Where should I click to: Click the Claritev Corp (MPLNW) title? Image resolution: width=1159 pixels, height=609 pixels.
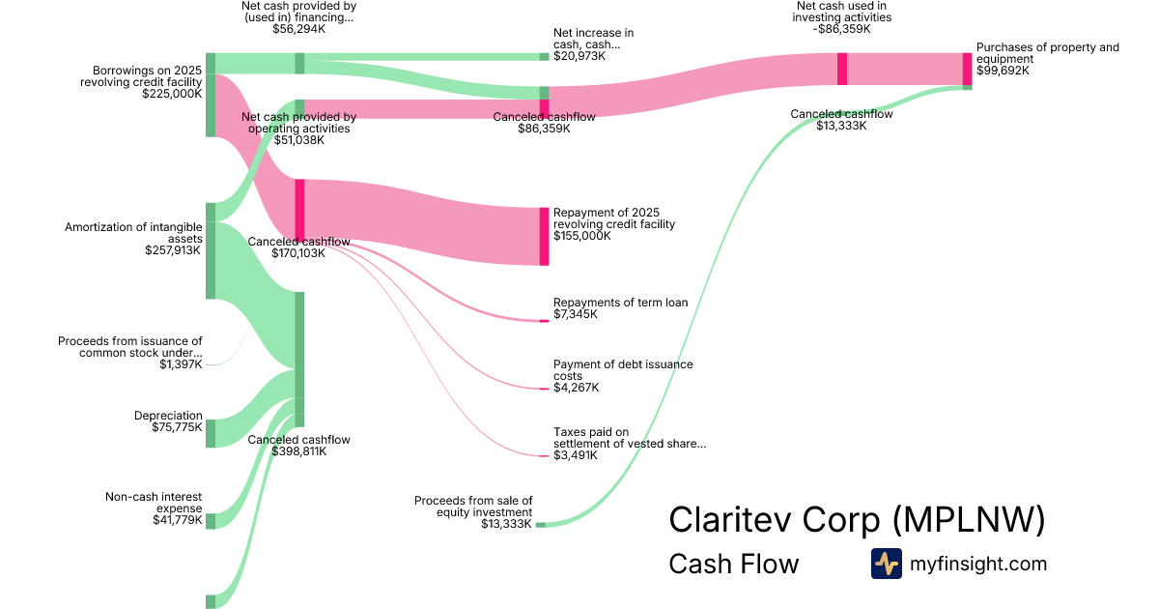coord(857,519)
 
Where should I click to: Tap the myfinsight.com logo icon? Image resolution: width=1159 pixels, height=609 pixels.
coord(886,564)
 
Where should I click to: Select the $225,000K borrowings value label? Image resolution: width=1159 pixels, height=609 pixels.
coord(172,95)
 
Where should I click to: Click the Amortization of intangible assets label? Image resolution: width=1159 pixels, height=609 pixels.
coord(133,233)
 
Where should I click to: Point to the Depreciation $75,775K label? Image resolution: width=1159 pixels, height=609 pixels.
coord(168,421)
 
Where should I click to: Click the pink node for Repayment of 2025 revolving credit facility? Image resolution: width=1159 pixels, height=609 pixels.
coord(545,236)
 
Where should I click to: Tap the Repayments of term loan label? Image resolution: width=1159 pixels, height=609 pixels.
coord(620,303)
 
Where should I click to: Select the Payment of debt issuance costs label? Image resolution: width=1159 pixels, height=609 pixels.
coord(623,370)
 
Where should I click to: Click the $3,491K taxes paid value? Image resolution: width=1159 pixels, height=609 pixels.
coord(576,455)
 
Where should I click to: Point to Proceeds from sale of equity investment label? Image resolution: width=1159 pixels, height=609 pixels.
coord(473,507)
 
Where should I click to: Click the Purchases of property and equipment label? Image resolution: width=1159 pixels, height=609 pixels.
coord(1047,53)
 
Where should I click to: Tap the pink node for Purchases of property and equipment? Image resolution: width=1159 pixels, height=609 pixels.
coord(967,69)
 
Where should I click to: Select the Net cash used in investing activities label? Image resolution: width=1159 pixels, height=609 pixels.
coord(842,11)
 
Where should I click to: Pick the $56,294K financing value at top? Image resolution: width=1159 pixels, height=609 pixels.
coord(298,29)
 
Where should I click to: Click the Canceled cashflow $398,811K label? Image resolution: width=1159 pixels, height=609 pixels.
coord(298,446)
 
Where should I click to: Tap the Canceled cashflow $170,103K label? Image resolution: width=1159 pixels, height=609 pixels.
coord(298,247)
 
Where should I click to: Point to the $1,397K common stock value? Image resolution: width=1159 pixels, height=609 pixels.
coord(181,363)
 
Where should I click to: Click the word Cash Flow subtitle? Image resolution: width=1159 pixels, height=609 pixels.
coord(733,565)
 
